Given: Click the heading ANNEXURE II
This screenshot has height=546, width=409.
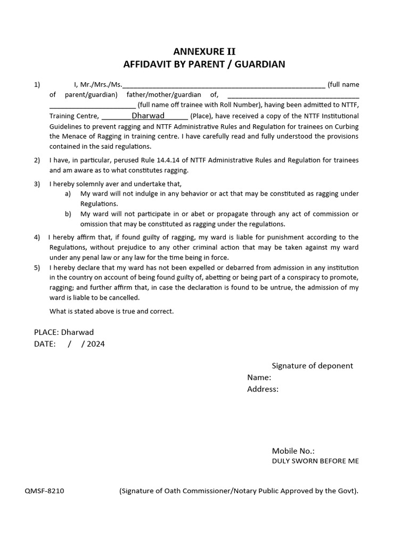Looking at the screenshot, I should click(204, 52).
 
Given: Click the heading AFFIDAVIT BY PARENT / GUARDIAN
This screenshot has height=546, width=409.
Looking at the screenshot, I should click(204, 65).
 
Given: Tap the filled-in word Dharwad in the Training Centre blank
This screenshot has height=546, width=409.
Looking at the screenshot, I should click(148, 116).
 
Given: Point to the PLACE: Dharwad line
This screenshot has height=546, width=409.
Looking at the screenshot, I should click(64, 332).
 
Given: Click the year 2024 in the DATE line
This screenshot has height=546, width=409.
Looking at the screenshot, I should click(96, 344).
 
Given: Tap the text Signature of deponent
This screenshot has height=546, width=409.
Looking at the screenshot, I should click(312, 366).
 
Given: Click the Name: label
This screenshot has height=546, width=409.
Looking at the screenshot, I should click(259, 378).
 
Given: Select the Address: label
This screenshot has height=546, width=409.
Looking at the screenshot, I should click(263, 389).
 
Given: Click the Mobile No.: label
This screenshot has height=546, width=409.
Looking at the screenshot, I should click(293, 451).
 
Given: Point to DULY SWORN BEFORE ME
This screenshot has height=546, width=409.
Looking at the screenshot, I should click(315, 461).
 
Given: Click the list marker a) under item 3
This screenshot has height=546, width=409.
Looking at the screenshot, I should click(68, 194).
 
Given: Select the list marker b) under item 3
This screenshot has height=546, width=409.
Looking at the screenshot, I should click(68, 214).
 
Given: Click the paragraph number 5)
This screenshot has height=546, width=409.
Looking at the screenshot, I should click(37, 268).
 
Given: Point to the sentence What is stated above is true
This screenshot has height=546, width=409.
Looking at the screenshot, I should click(111, 311).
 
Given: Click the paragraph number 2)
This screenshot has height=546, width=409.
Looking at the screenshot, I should click(37, 160).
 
